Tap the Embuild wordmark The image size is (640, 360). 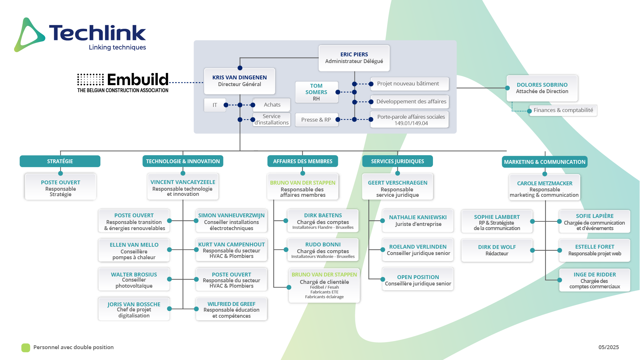click(138, 79)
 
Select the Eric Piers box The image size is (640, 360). click(354, 58)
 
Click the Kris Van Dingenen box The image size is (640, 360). click(239, 81)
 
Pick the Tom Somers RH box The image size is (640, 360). click(316, 92)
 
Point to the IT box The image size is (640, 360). click(215, 105)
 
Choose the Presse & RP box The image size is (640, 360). click(316, 120)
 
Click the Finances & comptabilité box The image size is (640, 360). click(563, 110)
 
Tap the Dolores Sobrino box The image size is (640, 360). click(542, 88)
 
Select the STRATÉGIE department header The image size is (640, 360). click(60, 161)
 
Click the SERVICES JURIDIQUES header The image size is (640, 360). click(397, 161)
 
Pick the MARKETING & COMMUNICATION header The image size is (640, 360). click(545, 162)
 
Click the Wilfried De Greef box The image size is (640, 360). click(231, 309)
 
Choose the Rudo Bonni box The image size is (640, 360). click(323, 250)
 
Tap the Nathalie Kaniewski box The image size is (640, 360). click(418, 221)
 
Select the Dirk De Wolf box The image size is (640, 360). click(497, 250)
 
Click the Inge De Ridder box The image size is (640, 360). click(595, 280)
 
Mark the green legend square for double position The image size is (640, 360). click(26, 348)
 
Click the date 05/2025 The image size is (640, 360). click(609, 347)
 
